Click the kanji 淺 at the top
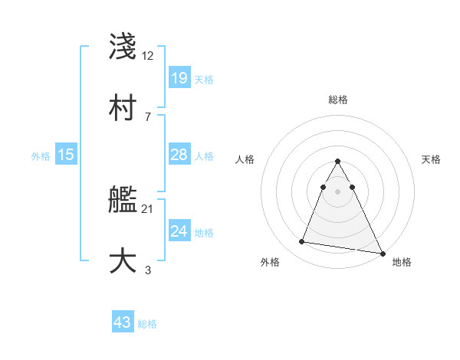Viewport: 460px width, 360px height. (x=123, y=46)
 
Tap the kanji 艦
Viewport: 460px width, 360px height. (x=123, y=200)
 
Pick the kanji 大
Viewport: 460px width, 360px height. (x=123, y=260)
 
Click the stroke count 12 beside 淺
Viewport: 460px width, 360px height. (x=148, y=55)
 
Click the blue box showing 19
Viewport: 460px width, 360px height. (x=179, y=78)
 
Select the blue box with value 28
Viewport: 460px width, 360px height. (x=179, y=155)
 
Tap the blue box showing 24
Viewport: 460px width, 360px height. (x=179, y=231)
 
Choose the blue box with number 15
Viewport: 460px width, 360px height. (x=66, y=155)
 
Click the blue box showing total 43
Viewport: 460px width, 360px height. (x=123, y=322)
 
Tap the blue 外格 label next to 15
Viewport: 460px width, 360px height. (x=41, y=156)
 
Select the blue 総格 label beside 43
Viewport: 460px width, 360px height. (x=147, y=324)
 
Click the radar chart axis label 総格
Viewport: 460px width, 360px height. (x=338, y=100)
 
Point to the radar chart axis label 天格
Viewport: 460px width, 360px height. (x=432, y=159)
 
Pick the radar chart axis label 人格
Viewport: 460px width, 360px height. (x=245, y=159)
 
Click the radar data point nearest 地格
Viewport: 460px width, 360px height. (x=383, y=254)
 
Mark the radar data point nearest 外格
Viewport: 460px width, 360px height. (x=301, y=242)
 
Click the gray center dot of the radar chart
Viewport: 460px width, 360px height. (x=338, y=191)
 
